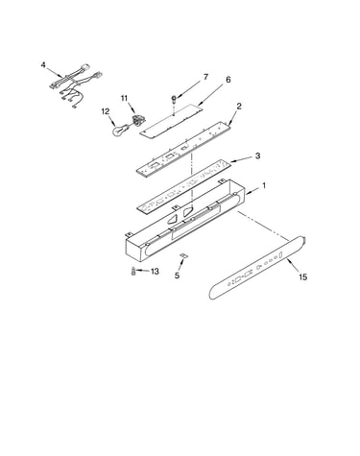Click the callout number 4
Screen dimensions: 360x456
(x=43, y=65)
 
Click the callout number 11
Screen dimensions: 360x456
(x=124, y=98)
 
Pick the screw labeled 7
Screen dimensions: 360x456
(x=175, y=100)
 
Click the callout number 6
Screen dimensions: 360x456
(x=228, y=80)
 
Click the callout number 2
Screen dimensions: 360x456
(x=239, y=107)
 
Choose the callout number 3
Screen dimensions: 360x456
(x=257, y=156)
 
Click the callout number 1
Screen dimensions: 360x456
(x=264, y=185)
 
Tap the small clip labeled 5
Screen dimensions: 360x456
(x=184, y=255)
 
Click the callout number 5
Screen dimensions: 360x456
(x=177, y=276)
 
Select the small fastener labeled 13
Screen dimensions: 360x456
(x=132, y=272)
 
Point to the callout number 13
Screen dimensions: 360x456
(x=155, y=272)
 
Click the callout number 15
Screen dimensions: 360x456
(x=302, y=276)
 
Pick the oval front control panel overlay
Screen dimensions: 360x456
(x=257, y=268)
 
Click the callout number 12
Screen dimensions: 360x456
(x=106, y=111)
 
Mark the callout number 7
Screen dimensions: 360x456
(x=205, y=77)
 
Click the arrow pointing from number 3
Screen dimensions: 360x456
(x=242, y=159)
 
